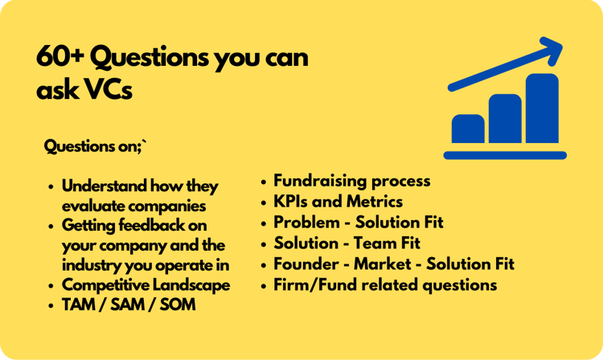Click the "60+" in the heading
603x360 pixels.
[x=60, y=57]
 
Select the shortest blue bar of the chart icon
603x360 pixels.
[x=468, y=129]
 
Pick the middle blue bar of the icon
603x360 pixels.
[x=505, y=118]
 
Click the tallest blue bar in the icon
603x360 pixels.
[x=542, y=108]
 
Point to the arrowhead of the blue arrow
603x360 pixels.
[x=552, y=50]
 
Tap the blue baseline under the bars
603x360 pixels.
[x=505, y=155]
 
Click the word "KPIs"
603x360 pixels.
[x=290, y=202]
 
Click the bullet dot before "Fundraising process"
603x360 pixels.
[x=263, y=182]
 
